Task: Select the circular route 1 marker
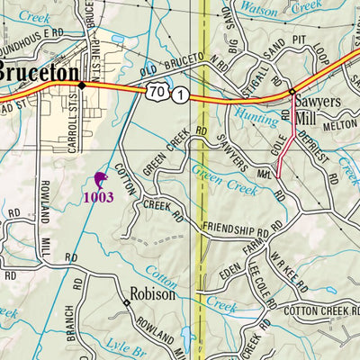coord(181,95)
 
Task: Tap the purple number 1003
coord(99,197)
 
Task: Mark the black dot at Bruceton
coord(81,85)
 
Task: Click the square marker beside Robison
coord(127,302)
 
